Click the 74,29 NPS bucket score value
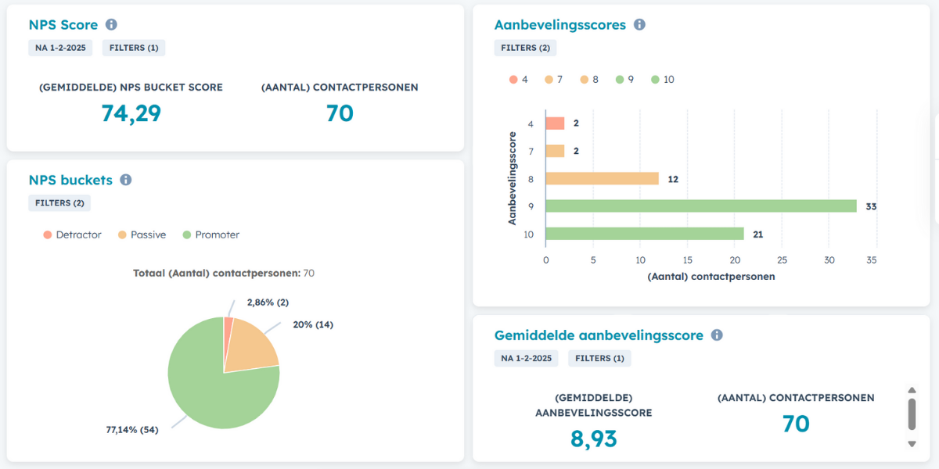click(131, 113)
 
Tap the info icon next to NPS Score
click(111, 24)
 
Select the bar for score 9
click(700, 206)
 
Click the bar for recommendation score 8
click(601, 179)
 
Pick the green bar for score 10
click(644, 234)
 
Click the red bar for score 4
click(555, 124)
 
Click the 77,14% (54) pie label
click(131, 429)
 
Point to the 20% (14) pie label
click(312, 324)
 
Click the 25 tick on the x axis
click(782, 260)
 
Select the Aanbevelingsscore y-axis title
click(513, 178)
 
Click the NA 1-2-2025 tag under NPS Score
click(60, 48)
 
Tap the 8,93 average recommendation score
click(593, 439)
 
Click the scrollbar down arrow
click(911, 444)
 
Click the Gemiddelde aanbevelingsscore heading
click(598, 335)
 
